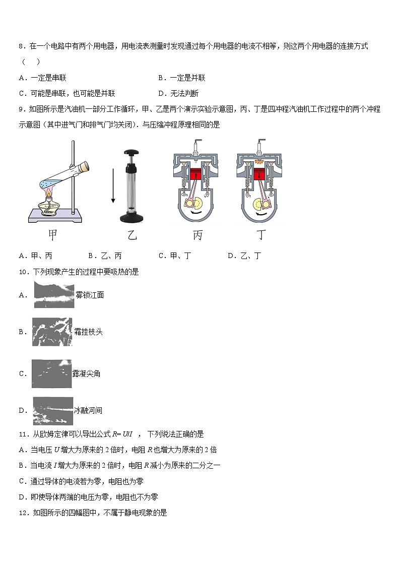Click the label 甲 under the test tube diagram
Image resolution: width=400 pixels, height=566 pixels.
52,235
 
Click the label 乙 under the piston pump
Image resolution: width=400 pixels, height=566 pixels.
132,235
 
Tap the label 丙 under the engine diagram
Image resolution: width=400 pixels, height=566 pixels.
197,235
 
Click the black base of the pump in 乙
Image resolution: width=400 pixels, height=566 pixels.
132,218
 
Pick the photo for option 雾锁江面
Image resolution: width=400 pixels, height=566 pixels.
54,295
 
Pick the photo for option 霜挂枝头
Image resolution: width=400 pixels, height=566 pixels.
52,332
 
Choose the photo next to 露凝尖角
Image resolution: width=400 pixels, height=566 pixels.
52,373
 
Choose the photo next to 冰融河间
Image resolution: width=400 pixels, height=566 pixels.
52,411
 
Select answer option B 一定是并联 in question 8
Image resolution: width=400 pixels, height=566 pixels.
182,78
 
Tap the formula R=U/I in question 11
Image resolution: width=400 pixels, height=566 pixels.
121,434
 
